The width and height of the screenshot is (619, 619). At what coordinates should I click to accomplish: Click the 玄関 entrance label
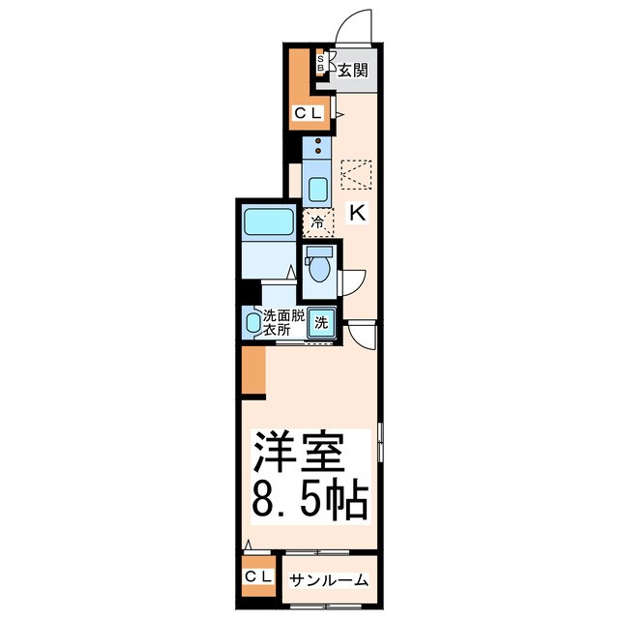click(352, 70)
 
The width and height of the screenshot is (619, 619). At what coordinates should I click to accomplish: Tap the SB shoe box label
click(322, 65)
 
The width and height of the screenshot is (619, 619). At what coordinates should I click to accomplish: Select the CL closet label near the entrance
click(309, 113)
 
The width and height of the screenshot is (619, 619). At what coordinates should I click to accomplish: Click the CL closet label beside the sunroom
click(257, 577)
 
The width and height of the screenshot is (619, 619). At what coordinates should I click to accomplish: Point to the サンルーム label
click(330, 579)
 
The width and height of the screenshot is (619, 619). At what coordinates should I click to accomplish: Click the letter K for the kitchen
click(356, 213)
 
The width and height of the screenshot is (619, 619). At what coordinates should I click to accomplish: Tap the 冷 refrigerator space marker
click(317, 222)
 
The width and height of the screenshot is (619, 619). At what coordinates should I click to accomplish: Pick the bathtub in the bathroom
click(268, 222)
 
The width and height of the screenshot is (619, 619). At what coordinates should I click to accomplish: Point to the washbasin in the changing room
click(254, 323)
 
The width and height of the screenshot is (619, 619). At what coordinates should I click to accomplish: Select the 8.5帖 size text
click(309, 501)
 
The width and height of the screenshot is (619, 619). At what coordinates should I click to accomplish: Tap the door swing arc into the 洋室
click(362, 337)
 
